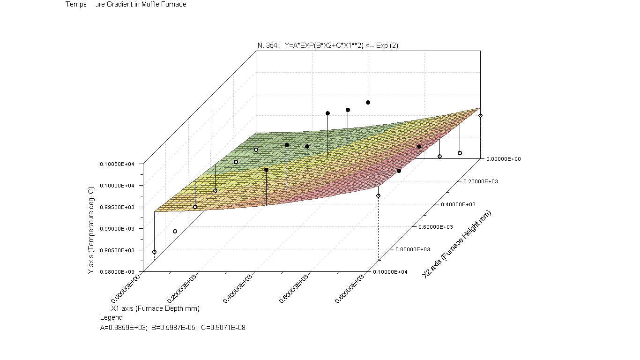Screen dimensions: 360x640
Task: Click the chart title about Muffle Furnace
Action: click(x=126, y=4)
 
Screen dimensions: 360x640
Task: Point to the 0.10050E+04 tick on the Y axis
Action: click(x=119, y=164)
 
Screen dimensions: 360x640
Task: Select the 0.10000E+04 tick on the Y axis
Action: click(x=119, y=185)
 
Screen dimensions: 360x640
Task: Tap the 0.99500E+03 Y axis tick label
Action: click(x=119, y=207)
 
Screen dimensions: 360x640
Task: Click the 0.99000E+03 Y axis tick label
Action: click(x=119, y=228)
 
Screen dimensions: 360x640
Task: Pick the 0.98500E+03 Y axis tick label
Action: click(x=119, y=250)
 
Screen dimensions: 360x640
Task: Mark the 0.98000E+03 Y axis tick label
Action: click(x=119, y=272)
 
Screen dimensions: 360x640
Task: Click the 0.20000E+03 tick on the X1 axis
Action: click(x=182, y=287)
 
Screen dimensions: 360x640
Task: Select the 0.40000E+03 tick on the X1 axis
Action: click(x=238, y=287)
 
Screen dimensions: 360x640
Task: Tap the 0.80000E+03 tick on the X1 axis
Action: click(x=350, y=287)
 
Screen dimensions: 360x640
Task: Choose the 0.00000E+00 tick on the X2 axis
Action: click(x=502, y=159)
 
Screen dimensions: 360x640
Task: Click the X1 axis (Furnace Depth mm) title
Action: click(x=155, y=308)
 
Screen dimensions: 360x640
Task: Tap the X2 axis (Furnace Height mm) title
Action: click(x=457, y=244)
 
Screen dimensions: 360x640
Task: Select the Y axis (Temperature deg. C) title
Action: click(x=91, y=230)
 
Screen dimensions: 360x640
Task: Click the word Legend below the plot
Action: click(x=112, y=317)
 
